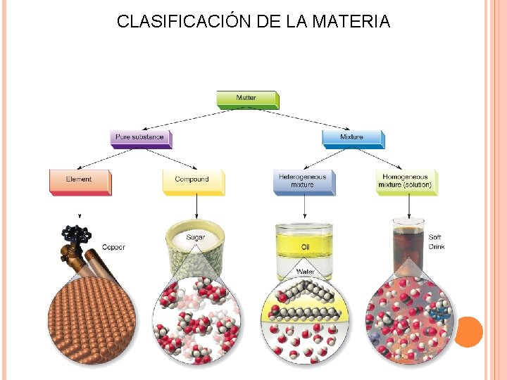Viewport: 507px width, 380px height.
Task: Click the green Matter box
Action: pyautogui.click(x=246, y=99)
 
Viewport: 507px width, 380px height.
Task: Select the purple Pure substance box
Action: pyautogui.click(x=139, y=137)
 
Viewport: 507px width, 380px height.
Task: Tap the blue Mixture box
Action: pyautogui.click(x=351, y=137)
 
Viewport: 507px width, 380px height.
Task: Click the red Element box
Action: pyautogui.click(x=79, y=180)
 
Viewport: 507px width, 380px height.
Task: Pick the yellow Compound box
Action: pyautogui.click(x=192, y=180)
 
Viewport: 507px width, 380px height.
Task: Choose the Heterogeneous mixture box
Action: pyautogui.click(x=303, y=181)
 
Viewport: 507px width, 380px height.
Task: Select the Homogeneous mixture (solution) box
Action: pyautogui.click(x=406, y=181)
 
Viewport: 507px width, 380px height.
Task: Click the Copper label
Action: pyautogui.click(x=113, y=247)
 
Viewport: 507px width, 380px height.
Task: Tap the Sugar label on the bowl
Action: pyautogui.click(x=196, y=238)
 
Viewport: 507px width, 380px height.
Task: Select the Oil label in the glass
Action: pyautogui.click(x=305, y=247)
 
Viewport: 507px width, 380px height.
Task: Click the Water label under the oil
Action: pyautogui.click(x=305, y=271)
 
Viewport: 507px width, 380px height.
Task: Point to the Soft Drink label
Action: pyautogui.click(x=437, y=242)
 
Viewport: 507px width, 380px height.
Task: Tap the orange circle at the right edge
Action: pyautogui.click(x=468, y=331)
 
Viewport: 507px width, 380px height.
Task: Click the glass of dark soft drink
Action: pyautogui.click(x=408, y=246)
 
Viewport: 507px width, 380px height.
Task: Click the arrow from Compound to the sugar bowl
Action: pyautogui.click(x=196, y=206)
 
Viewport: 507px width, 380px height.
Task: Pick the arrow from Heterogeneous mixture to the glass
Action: pyautogui.click(x=304, y=206)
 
